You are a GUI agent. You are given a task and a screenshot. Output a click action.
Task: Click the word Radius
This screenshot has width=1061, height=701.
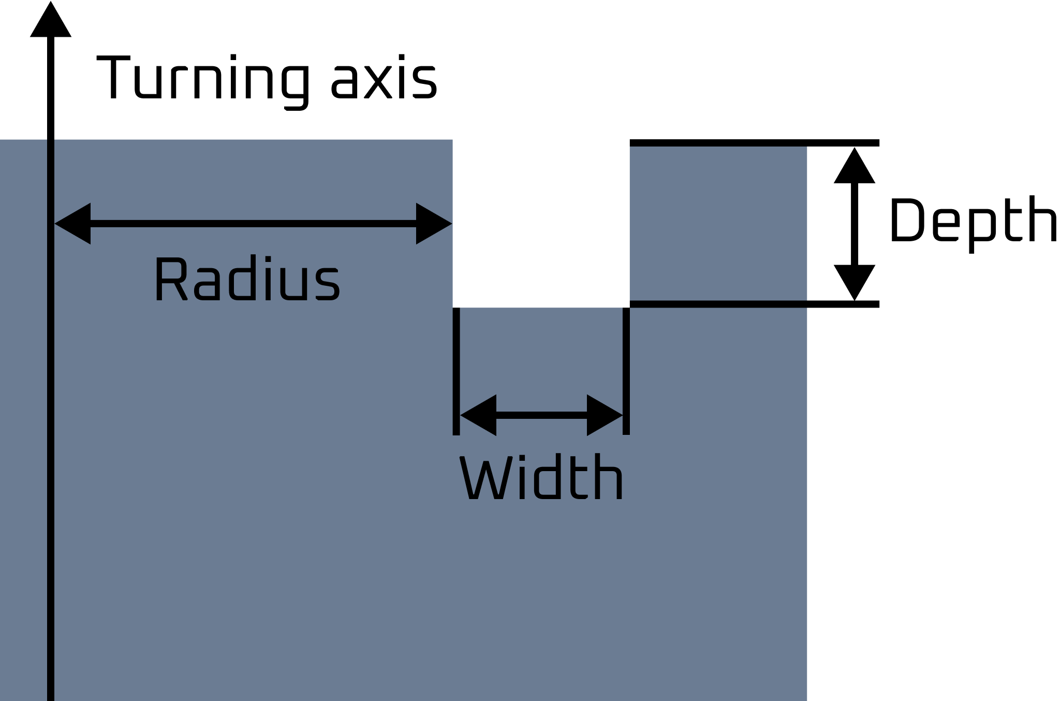click(x=247, y=280)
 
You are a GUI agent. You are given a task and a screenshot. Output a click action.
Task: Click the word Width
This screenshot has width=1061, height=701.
click(x=541, y=478)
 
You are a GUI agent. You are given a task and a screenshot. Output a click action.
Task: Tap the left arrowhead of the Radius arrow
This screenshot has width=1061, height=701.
click(x=75, y=224)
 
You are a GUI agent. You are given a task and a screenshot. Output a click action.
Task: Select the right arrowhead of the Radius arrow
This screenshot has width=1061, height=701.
click(x=432, y=224)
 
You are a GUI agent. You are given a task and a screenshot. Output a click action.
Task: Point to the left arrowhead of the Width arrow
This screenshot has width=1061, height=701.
click(x=480, y=415)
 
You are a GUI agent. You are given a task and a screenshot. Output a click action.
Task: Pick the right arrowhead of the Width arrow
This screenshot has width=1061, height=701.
click(x=602, y=415)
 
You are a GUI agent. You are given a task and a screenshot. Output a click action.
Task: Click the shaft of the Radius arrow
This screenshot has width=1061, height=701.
click(x=254, y=224)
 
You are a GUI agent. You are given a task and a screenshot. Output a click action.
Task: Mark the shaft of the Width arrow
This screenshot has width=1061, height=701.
click(x=541, y=415)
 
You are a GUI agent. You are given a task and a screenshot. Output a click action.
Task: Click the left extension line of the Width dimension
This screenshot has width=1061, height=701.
click(x=456, y=370)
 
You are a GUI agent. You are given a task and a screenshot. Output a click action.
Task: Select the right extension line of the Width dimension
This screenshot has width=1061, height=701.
click(x=626, y=370)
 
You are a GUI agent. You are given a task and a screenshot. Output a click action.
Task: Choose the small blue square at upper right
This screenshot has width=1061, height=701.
click(x=718, y=223)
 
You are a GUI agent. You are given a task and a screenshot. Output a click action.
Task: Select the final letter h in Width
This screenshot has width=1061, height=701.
click(x=612, y=478)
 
